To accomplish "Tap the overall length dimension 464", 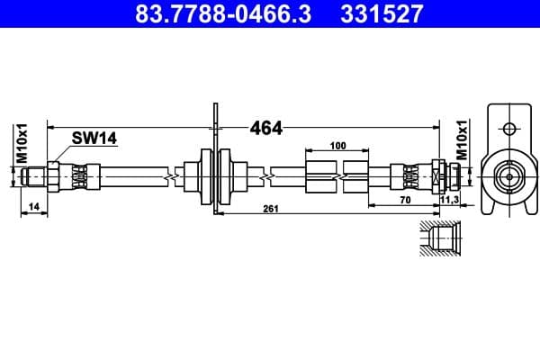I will pos(265,128).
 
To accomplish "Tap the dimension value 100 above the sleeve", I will pos(337,145).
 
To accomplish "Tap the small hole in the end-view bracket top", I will pos(508,127).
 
